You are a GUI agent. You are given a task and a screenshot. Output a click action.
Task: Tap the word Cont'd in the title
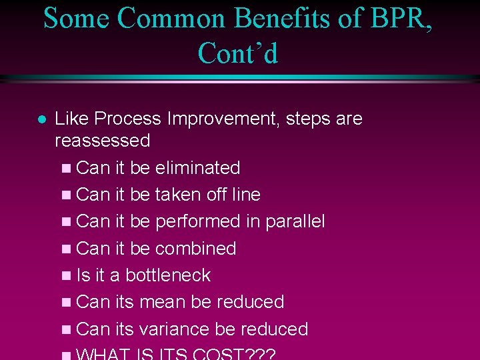click(238, 53)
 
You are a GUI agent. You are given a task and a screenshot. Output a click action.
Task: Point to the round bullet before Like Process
click(41, 120)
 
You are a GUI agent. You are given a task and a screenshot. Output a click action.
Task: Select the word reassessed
click(102, 141)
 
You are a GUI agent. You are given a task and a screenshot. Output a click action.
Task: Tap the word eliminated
click(197, 168)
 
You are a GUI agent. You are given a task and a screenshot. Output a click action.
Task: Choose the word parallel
click(295, 221)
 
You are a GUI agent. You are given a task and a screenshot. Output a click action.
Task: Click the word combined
click(195, 249)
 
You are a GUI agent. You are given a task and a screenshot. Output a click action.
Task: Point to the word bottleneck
click(168, 275)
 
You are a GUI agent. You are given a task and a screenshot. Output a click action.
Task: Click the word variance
click(175, 329)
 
